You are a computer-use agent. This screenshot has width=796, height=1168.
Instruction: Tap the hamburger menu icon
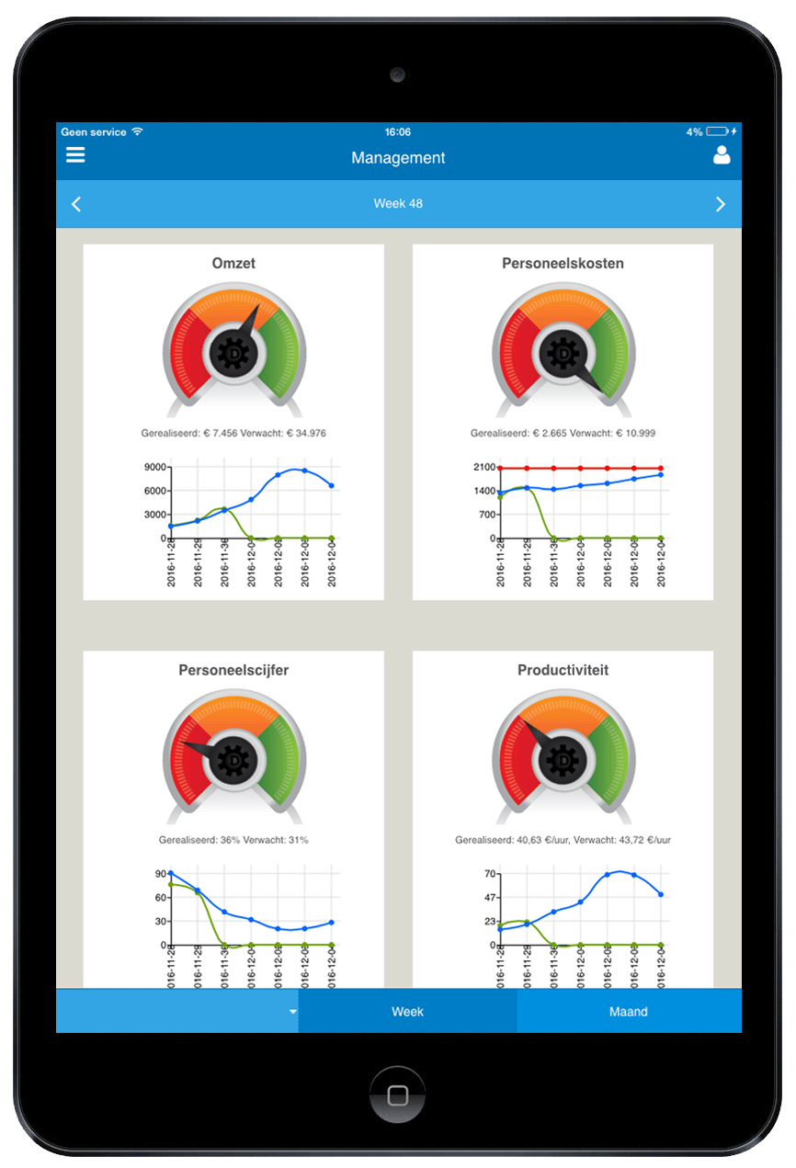pyautogui.click(x=75, y=155)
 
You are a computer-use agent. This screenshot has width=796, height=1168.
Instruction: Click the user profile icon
pyautogui.click(x=722, y=155)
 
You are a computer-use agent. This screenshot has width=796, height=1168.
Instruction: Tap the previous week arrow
pyautogui.click(x=76, y=204)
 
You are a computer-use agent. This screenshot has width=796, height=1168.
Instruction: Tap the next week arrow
pyautogui.click(x=721, y=204)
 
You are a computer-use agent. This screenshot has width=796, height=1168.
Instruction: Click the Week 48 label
pyautogui.click(x=398, y=203)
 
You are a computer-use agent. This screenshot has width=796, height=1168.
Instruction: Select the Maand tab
pyautogui.click(x=629, y=1011)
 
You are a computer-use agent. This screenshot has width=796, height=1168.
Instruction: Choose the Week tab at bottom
pyautogui.click(x=407, y=1011)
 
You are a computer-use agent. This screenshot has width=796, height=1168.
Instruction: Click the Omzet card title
pyautogui.click(x=233, y=263)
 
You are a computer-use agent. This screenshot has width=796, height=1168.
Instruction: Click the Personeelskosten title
pyautogui.click(x=563, y=263)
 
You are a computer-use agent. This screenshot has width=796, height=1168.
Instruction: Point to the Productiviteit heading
pyautogui.click(x=563, y=670)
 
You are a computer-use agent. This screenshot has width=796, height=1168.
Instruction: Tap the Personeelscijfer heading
pyautogui.click(x=233, y=670)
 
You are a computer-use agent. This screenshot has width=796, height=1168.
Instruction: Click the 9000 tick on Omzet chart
pyautogui.click(x=154, y=467)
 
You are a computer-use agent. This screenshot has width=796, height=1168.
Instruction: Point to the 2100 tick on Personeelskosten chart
pyautogui.click(x=483, y=468)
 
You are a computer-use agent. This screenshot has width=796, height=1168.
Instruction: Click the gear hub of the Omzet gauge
pyautogui.click(x=233, y=353)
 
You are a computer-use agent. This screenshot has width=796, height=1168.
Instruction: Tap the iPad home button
pyautogui.click(x=398, y=1095)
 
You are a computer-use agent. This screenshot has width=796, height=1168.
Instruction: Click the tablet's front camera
pyautogui.click(x=398, y=74)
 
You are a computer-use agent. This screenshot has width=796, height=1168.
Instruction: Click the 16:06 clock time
pyautogui.click(x=398, y=131)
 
